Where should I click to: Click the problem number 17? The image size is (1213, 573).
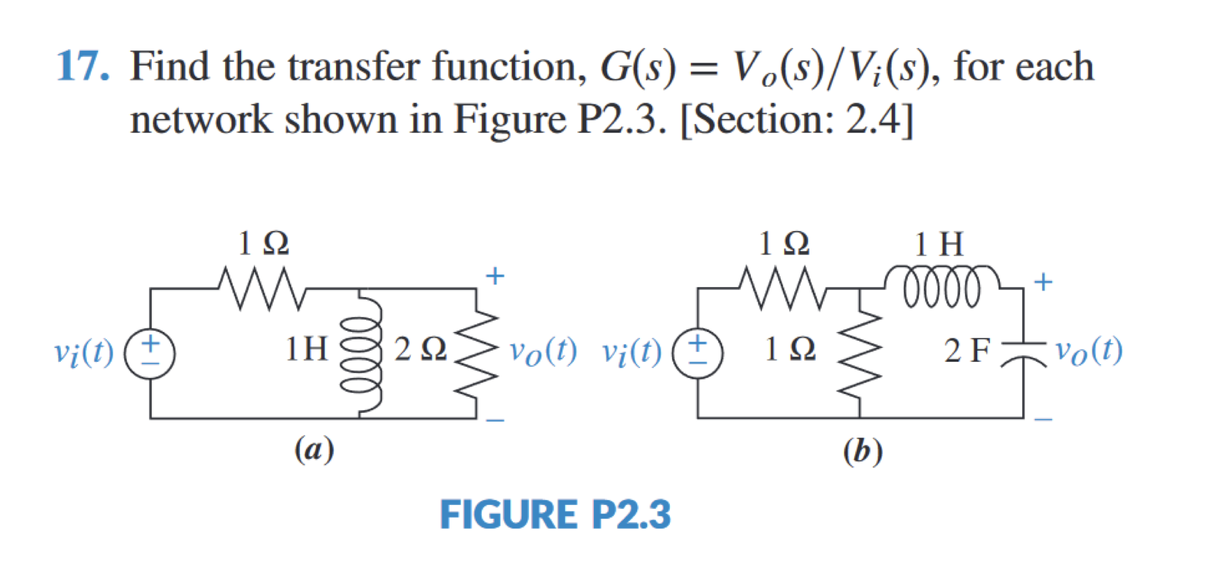[82, 67]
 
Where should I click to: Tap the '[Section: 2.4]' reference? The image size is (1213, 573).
[796, 120]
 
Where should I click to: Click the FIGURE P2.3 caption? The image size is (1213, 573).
[555, 515]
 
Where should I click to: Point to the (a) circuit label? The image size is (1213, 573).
[314, 449]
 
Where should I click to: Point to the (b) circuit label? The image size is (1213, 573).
[862, 451]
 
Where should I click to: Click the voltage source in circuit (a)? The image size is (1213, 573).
[150, 353]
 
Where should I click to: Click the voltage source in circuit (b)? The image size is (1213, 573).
[697, 353]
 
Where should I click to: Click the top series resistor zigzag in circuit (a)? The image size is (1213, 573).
[262, 289]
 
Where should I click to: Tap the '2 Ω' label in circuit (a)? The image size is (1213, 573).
[419, 349]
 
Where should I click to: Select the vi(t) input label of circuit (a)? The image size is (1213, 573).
[83, 353]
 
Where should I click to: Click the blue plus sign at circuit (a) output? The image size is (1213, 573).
[495, 276]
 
